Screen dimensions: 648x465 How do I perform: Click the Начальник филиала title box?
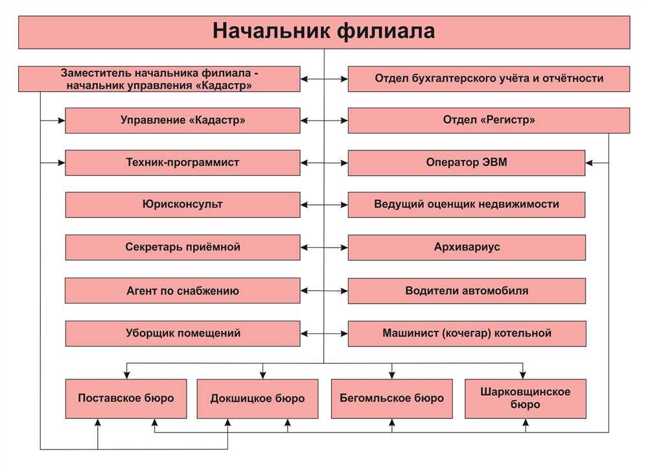pos(324,32)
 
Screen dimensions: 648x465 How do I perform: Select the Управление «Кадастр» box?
pos(183,121)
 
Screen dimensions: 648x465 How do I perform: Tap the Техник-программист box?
pos(183,163)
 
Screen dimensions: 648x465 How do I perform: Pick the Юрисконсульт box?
pos(183,204)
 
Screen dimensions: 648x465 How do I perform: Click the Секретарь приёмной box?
pos(183,247)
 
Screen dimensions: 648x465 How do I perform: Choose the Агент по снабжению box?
pos(183,291)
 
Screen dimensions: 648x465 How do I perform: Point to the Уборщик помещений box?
pos(183,333)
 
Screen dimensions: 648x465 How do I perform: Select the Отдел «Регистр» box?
pos(489,121)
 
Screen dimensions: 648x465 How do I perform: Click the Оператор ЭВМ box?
pos(467,163)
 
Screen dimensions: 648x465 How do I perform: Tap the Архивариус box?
pos(467,247)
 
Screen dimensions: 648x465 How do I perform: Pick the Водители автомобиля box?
pos(467,291)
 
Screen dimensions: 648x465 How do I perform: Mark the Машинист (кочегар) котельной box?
pos(467,333)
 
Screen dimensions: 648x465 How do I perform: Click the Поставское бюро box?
pos(126,399)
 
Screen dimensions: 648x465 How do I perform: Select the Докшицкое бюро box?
pos(257,399)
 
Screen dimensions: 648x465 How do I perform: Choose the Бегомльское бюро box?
pos(392,399)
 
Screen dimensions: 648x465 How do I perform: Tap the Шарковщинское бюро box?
pos(526,399)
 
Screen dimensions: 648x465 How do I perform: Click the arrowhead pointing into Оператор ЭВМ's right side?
pos(590,163)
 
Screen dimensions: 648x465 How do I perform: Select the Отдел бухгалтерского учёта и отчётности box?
pos(489,78)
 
